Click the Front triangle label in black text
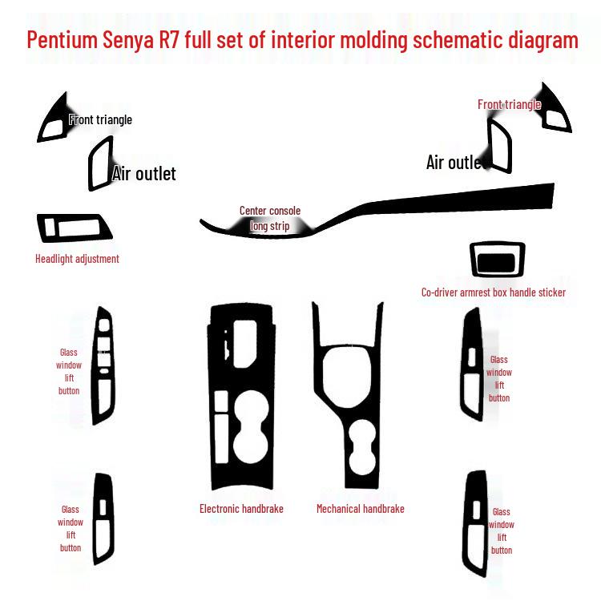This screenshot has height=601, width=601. click(x=101, y=120)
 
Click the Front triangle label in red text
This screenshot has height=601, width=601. click(x=509, y=105)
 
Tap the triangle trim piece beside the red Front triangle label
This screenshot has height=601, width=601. click(x=555, y=111)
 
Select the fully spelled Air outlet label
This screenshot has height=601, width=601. click(x=144, y=174)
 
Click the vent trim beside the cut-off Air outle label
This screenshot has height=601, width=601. click(x=499, y=144)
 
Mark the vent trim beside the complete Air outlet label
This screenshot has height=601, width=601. click(x=100, y=164)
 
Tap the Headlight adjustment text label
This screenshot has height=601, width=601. click(x=77, y=259)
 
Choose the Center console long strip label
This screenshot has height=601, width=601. click(x=270, y=219)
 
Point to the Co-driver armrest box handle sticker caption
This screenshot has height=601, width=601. click(x=493, y=292)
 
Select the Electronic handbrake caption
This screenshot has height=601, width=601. click(x=241, y=509)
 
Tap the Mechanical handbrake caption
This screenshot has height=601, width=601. click(x=360, y=509)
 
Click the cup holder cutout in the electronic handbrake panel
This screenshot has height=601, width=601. click(x=241, y=433)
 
